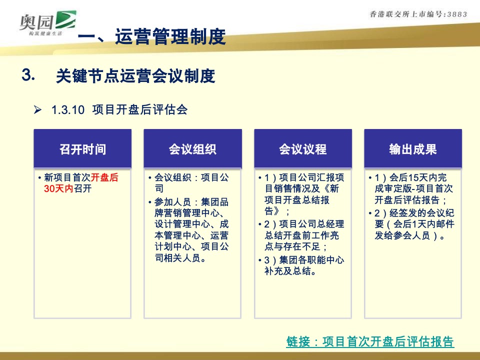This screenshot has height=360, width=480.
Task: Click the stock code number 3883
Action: tap(455, 14)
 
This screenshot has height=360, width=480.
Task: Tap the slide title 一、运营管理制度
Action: tap(152, 37)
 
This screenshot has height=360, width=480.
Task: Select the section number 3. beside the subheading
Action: tap(28, 75)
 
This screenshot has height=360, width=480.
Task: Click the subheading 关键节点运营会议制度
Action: tap(135, 76)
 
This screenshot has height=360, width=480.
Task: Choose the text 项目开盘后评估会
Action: tap(140, 110)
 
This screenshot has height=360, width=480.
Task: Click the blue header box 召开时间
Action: tap(82, 149)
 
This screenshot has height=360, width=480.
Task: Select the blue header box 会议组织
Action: tap(192, 149)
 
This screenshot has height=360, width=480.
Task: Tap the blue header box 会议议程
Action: tap(302, 149)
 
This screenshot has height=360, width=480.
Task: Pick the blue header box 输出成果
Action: tap(412, 149)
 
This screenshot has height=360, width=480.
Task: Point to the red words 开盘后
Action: tap(104, 178)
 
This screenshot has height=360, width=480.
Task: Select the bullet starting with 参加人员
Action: tap(190, 230)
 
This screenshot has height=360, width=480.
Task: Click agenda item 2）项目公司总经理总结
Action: tap(302, 235)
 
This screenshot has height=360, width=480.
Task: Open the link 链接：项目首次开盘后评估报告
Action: tap(370, 342)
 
